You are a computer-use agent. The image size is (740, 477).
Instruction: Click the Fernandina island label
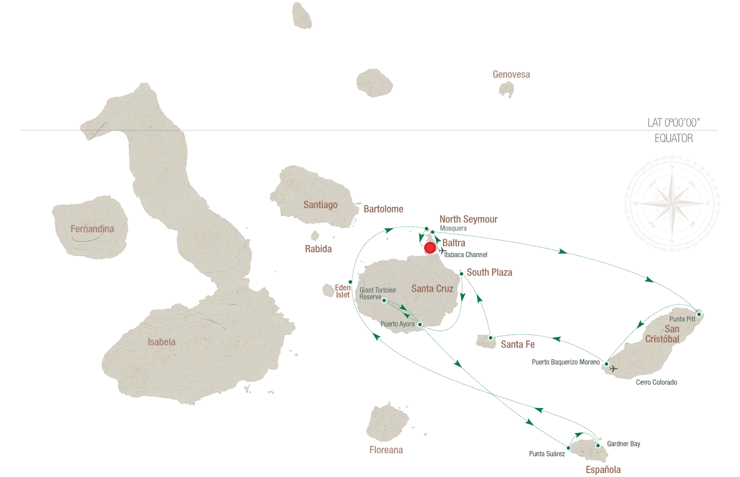click(x=92, y=229)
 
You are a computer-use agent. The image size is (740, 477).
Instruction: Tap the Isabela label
click(x=161, y=342)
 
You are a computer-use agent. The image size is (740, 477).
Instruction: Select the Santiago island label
click(x=320, y=205)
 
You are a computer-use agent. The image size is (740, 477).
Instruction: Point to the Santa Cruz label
click(x=432, y=288)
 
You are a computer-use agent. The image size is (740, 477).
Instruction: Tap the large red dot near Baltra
click(x=430, y=248)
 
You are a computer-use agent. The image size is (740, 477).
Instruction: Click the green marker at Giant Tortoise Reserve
click(x=384, y=300)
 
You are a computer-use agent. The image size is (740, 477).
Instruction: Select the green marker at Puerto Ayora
click(x=420, y=325)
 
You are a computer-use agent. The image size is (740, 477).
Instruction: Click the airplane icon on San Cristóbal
click(x=613, y=368)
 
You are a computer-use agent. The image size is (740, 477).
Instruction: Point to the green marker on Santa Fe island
click(x=490, y=338)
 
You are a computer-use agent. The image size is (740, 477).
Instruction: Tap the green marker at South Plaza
click(x=461, y=274)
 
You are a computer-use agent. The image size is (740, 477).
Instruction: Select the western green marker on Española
click(x=568, y=448)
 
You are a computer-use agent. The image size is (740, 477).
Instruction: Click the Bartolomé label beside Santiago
click(x=383, y=210)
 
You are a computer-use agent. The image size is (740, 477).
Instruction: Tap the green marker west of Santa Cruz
click(x=350, y=282)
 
